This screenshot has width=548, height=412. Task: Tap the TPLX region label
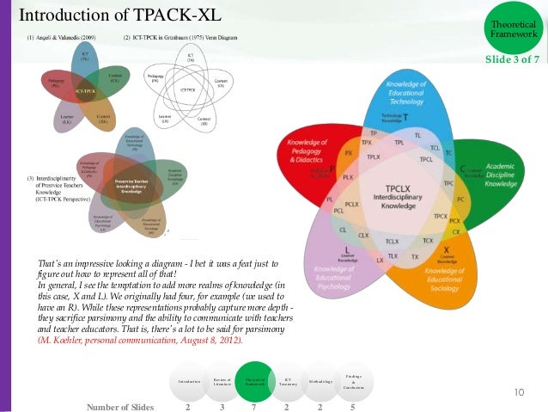(373, 157)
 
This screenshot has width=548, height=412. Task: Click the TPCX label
(441, 215)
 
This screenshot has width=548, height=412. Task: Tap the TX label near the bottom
(415, 257)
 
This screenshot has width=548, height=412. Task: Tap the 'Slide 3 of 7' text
(512, 58)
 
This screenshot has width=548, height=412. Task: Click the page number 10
(519, 393)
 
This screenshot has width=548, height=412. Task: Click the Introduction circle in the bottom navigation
(189, 381)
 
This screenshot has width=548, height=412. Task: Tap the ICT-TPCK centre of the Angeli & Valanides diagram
(84, 90)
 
